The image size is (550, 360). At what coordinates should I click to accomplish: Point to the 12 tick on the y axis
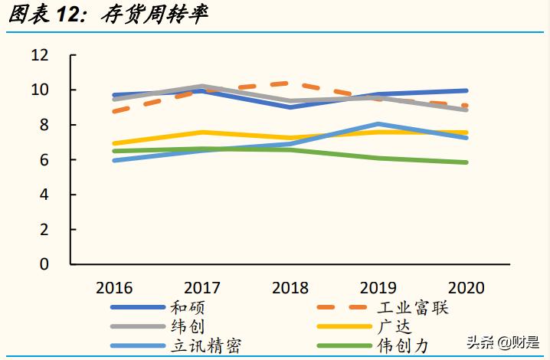tap(39, 55)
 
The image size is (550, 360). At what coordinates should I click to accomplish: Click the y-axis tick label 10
tap(39, 90)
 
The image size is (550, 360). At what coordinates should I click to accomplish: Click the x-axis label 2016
tap(113, 288)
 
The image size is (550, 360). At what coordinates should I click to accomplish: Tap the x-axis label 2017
tap(201, 288)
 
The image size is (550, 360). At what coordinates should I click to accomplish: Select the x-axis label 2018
tap(290, 288)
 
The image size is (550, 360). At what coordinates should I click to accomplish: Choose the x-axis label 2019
tap(378, 288)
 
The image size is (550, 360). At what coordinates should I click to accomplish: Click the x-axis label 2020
tap(466, 288)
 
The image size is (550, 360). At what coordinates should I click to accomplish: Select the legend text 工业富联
tap(413, 308)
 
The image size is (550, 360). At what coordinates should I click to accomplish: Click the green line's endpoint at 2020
tap(466, 162)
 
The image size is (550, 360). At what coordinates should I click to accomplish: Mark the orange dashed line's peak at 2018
tap(290, 83)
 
